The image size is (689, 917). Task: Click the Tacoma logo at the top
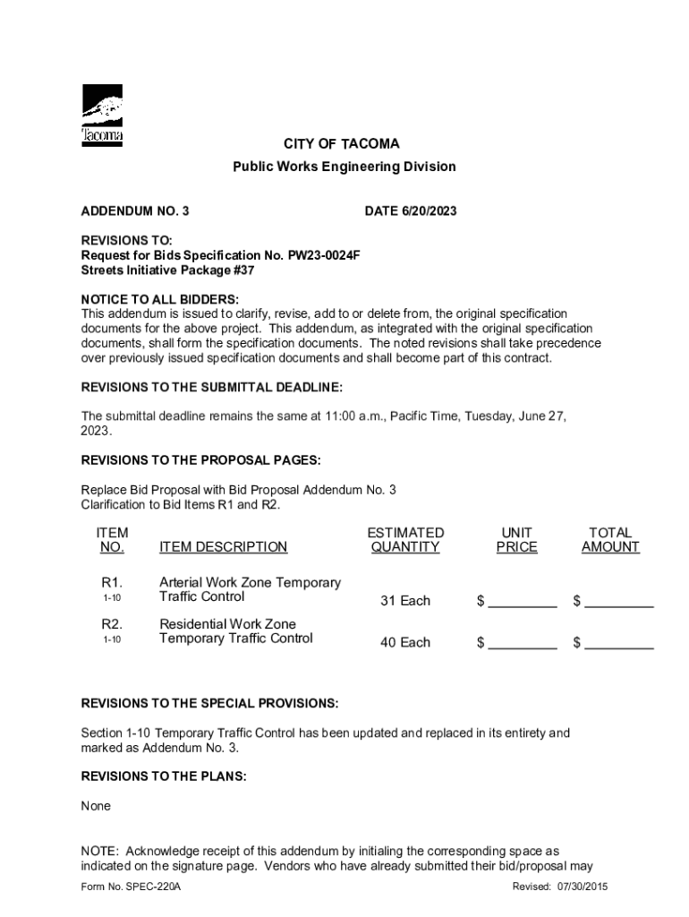click(x=102, y=116)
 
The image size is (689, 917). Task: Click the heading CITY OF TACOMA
click(x=342, y=144)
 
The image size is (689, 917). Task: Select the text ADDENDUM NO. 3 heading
click(x=135, y=211)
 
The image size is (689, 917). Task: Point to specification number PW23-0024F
click(x=324, y=255)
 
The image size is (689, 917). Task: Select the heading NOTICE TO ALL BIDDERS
click(x=160, y=299)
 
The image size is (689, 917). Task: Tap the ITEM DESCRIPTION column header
click(x=223, y=547)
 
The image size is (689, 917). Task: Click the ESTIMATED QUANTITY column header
click(x=405, y=540)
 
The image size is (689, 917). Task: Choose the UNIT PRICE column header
click(x=517, y=540)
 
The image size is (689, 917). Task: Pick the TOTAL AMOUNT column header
click(x=610, y=540)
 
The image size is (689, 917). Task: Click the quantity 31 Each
click(x=405, y=601)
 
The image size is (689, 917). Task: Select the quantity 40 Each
click(x=405, y=642)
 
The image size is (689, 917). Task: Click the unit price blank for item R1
click(x=523, y=602)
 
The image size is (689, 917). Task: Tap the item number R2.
click(x=112, y=624)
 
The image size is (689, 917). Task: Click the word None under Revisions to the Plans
click(x=96, y=806)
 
